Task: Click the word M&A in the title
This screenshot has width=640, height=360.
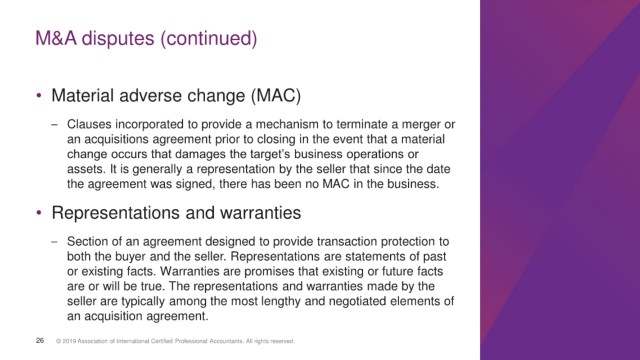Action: tap(56, 38)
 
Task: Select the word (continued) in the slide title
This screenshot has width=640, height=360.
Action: tap(209, 39)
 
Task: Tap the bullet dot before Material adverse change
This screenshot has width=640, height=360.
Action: tap(39, 96)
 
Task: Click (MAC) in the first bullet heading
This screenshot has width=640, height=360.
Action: tap(276, 96)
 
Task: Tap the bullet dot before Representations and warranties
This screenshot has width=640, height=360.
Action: tap(39, 213)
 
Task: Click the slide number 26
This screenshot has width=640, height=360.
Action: tap(40, 340)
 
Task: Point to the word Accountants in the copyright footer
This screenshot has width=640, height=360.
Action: tap(226, 341)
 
